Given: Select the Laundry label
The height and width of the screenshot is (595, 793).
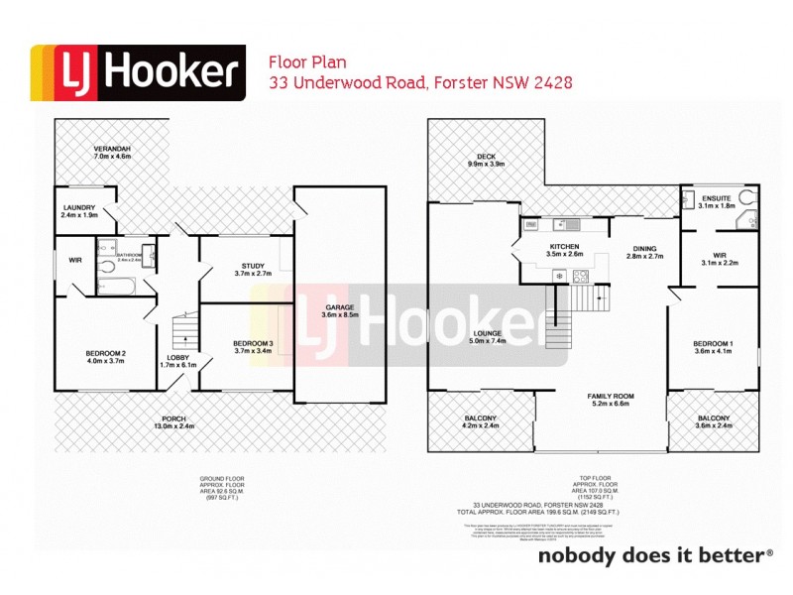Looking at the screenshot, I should (78, 207).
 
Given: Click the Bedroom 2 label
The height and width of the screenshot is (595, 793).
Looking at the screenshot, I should (105, 353).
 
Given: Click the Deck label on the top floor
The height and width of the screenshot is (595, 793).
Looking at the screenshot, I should (485, 156).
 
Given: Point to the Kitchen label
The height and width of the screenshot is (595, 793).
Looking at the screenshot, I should (563, 246).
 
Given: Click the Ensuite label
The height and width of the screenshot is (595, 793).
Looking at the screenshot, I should (715, 197).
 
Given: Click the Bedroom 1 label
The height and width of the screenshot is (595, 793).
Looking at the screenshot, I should (712, 344).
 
